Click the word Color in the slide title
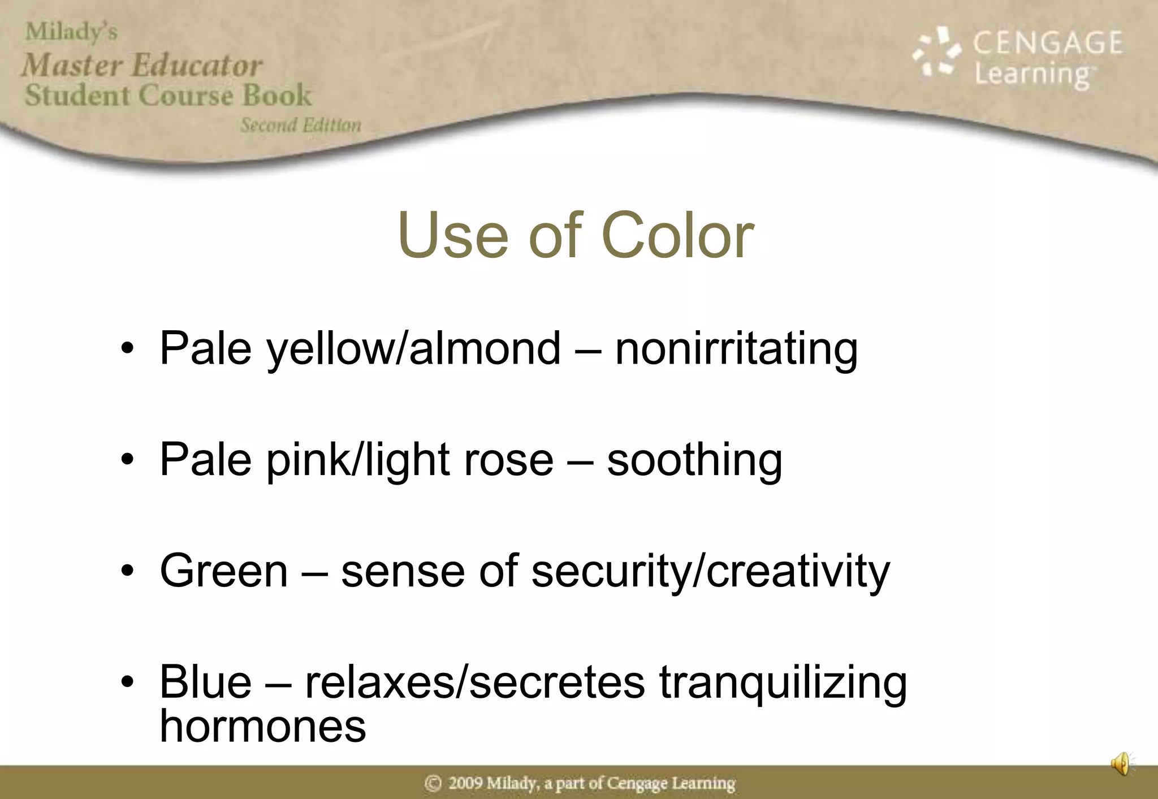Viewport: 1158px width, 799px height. click(x=677, y=235)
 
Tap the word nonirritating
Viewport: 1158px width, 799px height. click(x=736, y=349)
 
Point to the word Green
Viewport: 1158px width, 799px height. click(x=224, y=571)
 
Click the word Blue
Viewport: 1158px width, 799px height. click(x=205, y=682)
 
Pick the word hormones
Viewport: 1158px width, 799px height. click(x=263, y=726)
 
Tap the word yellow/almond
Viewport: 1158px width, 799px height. click(x=414, y=349)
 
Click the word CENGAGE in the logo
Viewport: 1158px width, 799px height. click(x=1047, y=43)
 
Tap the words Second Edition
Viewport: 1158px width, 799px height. click(x=300, y=125)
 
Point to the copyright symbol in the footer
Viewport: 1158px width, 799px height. click(x=433, y=784)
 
